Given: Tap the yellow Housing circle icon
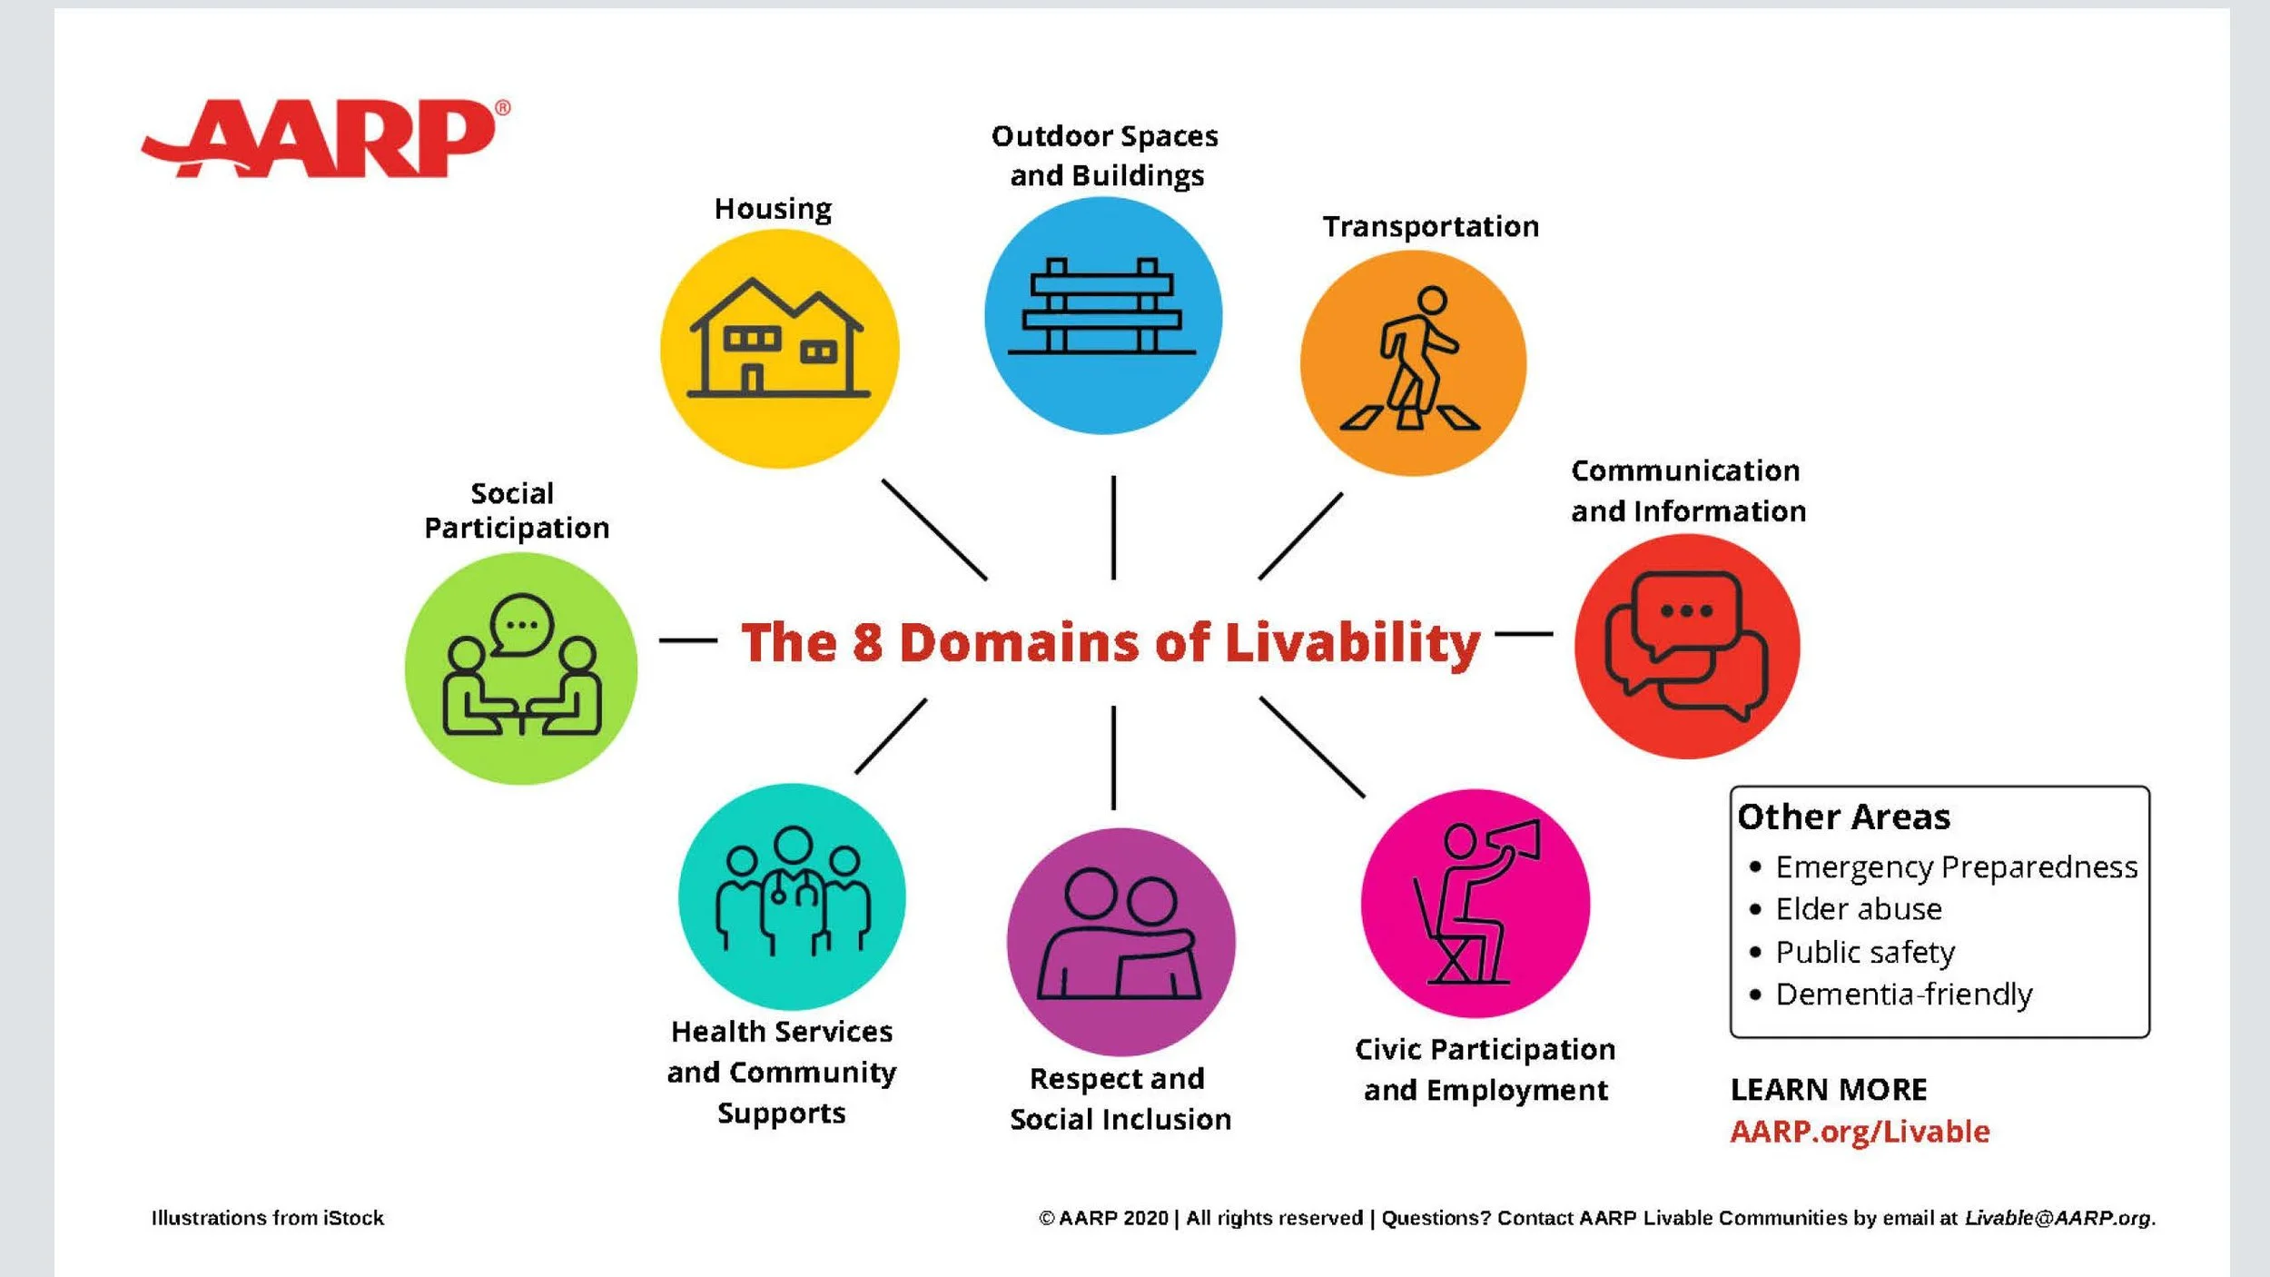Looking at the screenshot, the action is tap(779, 349).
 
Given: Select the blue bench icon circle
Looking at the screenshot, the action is tap(1103, 315).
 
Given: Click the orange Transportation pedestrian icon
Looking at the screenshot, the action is tap(1413, 363).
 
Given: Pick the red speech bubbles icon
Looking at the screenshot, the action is tap(1686, 646).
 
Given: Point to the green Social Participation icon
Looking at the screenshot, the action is tap(521, 668).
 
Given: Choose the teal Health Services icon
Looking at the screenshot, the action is tap(792, 896).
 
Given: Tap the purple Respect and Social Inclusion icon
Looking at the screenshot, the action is tap(1120, 941).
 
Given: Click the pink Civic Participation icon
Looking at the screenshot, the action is tap(1475, 903).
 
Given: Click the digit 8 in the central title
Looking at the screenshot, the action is tap(867, 642).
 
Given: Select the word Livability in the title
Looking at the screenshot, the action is tap(1352, 644).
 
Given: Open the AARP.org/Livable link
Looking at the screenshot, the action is tap(1860, 1132).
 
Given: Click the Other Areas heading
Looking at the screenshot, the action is tap(1843, 817).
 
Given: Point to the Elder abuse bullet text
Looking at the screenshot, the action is tap(1858, 909).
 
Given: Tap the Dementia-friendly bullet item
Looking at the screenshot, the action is tap(1903, 995).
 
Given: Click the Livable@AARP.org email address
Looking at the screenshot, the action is tap(2058, 1218).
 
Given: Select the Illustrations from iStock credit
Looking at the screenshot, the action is tap(268, 1218).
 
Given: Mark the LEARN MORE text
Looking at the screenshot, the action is tap(1828, 1089).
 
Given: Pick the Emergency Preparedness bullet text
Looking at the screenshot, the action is tap(1956, 867).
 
